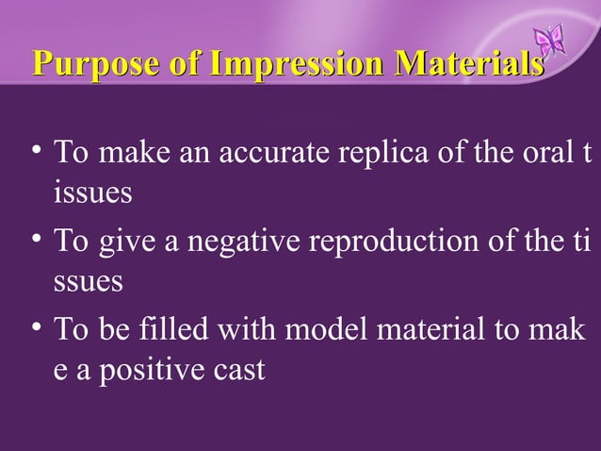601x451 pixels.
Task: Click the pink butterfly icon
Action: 548,40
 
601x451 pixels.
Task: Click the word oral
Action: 541,153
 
